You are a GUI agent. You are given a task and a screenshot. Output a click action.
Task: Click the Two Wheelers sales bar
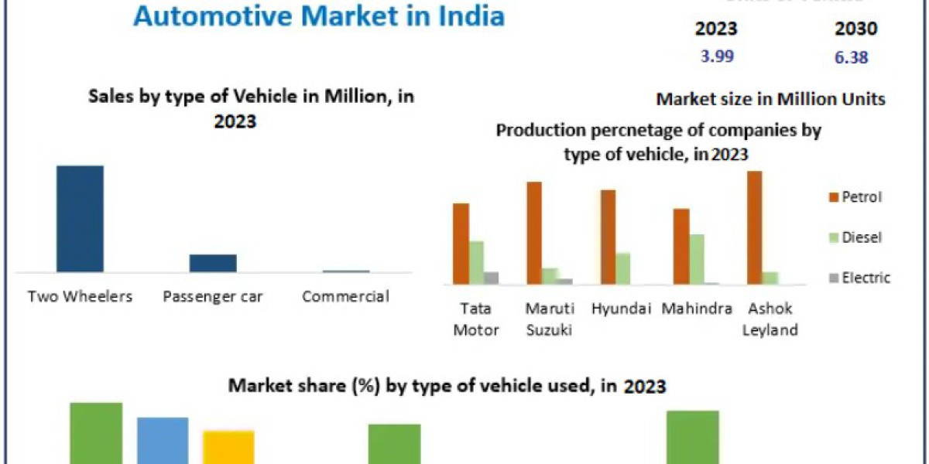80,218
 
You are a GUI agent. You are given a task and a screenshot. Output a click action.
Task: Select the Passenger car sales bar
213,263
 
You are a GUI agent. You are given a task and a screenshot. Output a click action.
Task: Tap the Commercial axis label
345,296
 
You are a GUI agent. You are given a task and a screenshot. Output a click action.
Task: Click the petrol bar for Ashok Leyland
755,228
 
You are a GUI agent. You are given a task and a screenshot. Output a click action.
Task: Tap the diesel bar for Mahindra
697,260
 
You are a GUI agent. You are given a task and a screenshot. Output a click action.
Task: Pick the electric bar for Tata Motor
492,278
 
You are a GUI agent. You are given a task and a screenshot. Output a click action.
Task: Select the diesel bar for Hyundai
623,268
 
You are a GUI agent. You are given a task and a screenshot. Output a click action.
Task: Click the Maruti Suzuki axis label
550,319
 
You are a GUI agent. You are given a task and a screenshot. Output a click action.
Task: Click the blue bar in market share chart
163,440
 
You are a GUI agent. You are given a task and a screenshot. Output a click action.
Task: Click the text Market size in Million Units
770,99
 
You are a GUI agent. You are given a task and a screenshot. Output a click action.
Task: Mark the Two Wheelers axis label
80,296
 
